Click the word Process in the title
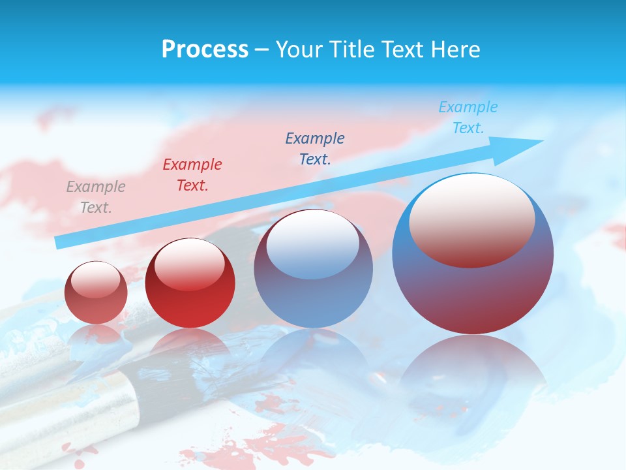(205, 49)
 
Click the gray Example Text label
(96, 197)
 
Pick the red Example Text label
(192, 175)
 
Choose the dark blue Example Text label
(315, 148)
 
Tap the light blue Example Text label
(468, 117)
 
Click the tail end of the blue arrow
(61, 242)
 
